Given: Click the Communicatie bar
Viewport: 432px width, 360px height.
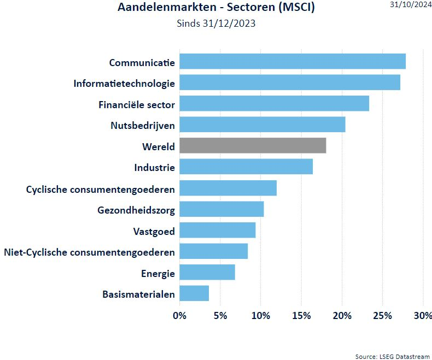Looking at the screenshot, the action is point(293,61).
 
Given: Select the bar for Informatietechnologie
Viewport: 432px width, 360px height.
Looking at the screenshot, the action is point(290,82).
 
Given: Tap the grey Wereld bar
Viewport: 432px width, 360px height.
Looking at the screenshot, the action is point(253,145).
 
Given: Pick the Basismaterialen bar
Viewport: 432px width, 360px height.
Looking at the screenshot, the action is point(194,293).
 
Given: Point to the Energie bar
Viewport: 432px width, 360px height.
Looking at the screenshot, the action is point(207,272).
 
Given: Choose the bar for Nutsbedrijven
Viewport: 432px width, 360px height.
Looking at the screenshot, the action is point(262,125).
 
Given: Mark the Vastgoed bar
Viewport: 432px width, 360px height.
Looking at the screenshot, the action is point(218,230).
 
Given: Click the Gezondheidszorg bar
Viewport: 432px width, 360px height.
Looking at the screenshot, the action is point(222,209).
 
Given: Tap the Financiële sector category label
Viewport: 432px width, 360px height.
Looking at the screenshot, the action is point(137,105).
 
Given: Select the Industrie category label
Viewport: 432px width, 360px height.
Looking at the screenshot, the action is point(155,168).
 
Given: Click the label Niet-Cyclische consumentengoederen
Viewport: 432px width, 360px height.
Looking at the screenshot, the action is point(90,252).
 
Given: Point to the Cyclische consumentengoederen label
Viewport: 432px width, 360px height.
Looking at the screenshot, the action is point(101,190).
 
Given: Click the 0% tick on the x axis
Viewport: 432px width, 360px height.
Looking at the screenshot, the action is point(179,315).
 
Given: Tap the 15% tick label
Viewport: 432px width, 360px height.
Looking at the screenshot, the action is point(301,315).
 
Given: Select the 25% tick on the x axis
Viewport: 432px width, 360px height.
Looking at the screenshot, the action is point(382,315).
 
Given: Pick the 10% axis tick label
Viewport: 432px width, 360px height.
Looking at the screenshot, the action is point(261,315).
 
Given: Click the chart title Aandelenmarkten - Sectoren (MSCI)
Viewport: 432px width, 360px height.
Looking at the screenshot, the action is point(217,7).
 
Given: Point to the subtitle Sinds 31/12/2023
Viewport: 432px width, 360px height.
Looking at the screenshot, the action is point(216,23).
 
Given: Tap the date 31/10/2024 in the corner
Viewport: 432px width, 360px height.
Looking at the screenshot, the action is point(411,5).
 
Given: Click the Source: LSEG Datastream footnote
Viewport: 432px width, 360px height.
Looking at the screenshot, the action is point(392,356).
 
